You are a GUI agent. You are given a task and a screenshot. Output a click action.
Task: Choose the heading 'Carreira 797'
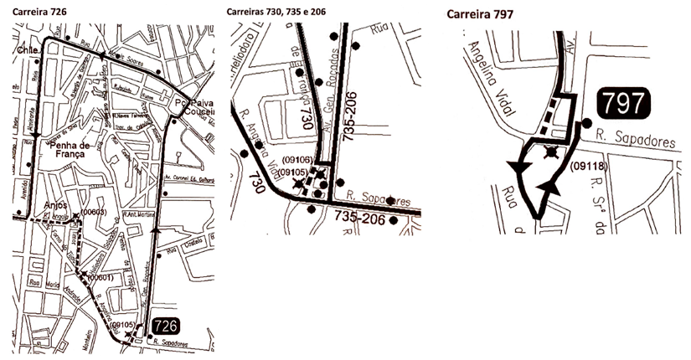pos(480,13)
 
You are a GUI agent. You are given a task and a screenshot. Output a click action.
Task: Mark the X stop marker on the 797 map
pos(550,152)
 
